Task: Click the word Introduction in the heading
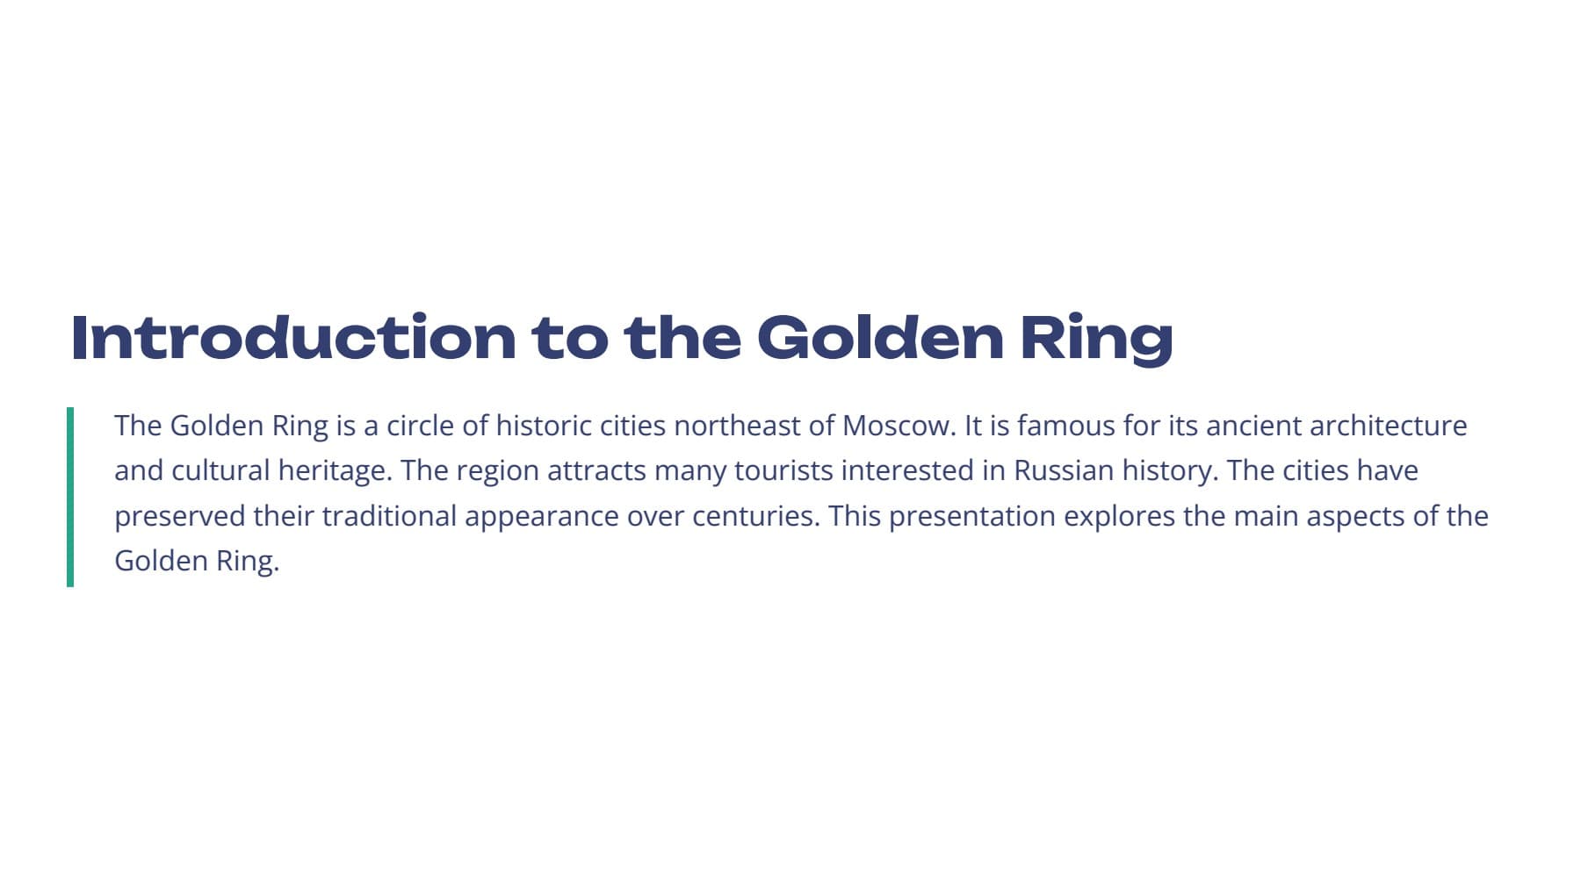[293, 337]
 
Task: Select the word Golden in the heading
[880, 337]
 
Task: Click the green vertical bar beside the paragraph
[70, 497]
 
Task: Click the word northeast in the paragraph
[738, 426]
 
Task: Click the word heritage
[335, 471]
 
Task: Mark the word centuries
[756, 516]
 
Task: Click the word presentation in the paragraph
[972, 517]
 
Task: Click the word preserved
[180, 517]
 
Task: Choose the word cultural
[220, 471]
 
